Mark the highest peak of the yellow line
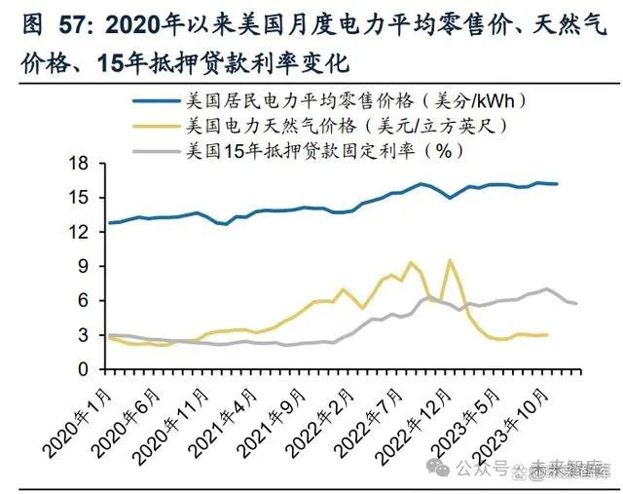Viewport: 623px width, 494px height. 450,260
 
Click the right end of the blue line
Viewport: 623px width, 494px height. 556,183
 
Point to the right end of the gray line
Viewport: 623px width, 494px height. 577,303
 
